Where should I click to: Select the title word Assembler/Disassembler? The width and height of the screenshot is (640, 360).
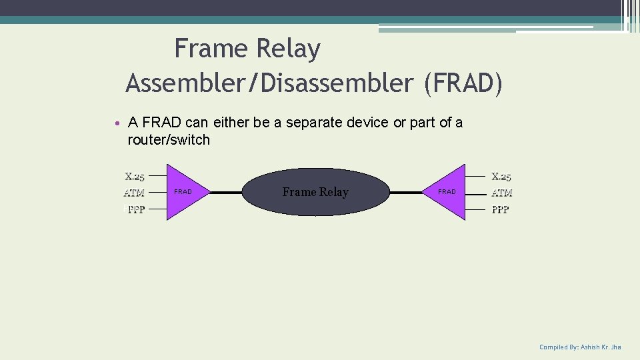click(269, 84)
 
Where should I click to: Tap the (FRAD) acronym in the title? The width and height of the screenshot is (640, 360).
click(463, 84)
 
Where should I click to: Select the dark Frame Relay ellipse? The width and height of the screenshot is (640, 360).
click(315, 192)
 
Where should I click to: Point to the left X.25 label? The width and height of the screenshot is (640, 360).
click(135, 177)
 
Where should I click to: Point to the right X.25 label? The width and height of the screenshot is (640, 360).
click(501, 177)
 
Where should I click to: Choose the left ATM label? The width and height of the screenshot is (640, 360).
click(134, 193)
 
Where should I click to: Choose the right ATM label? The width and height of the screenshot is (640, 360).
click(501, 193)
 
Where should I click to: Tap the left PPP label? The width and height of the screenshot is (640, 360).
click(136, 209)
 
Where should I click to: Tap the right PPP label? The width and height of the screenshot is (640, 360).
click(501, 209)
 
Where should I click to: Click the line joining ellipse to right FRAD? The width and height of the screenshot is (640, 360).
click(406, 193)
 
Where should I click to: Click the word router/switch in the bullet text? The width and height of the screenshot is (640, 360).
click(169, 140)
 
